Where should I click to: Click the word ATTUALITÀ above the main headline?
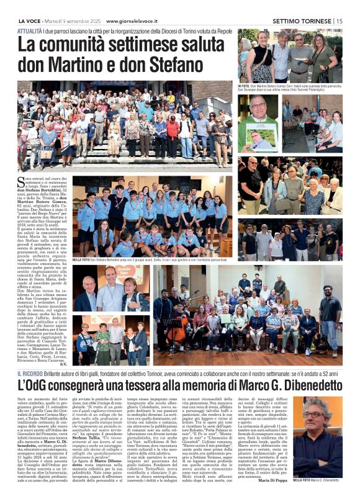[x=30, y=29]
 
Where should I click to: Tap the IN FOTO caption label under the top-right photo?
[x=246, y=85]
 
